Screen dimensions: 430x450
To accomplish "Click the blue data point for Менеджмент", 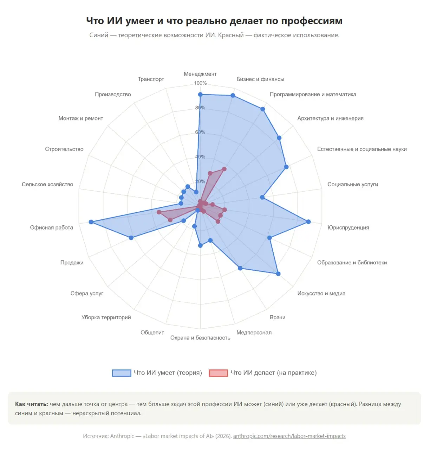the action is click(x=200, y=94).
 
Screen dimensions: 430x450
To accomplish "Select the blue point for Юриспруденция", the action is click(x=308, y=221).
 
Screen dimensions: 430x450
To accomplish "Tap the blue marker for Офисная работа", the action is click(x=91, y=222).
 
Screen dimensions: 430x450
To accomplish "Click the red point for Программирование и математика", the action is click(x=224, y=169).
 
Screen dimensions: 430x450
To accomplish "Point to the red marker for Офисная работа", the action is click(x=159, y=212).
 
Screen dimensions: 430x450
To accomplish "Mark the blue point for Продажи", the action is click(x=131, y=238).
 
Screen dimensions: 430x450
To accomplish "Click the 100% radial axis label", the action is click(x=200, y=83).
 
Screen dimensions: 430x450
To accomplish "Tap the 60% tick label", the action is click(x=200, y=132).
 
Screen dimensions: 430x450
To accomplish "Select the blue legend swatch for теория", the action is click(x=122, y=373).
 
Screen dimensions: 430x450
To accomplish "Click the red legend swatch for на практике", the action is click(x=218, y=373).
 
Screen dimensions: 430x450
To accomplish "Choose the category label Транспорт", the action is click(x=151, y=79).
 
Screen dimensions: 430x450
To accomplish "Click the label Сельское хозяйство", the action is click(x=47, y=184).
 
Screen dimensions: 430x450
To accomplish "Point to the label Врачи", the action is click(x=277, y=317).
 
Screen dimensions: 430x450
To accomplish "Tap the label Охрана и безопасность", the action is click(x=200, y=337).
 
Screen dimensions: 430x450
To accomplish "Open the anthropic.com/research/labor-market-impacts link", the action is click(x=289, y=436).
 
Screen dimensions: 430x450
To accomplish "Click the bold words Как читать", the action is click(x=31, y=404).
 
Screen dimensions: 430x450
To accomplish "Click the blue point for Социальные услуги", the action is click(x=262, y=197).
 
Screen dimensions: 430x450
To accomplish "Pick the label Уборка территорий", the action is click(x=106, y=317).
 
